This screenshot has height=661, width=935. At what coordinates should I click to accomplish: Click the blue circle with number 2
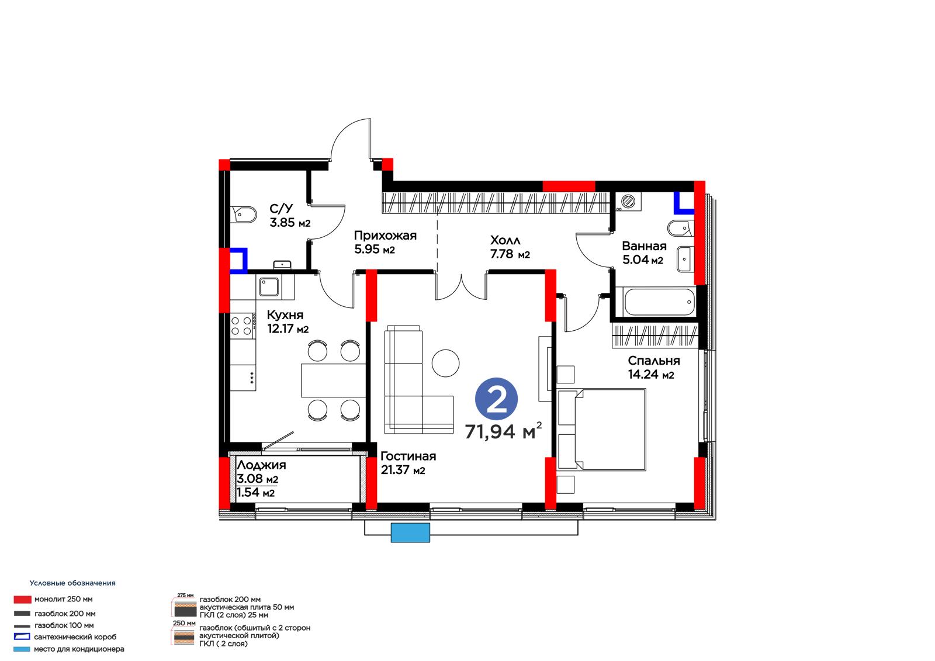(496, 399)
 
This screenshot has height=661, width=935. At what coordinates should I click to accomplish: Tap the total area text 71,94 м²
(503, 431)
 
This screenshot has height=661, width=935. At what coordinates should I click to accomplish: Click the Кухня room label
(285, 315)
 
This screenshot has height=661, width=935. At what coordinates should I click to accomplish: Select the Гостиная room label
(408, 456)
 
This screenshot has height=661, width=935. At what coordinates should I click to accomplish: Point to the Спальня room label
(654, 361)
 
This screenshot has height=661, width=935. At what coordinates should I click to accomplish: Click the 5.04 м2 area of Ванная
(643, 259)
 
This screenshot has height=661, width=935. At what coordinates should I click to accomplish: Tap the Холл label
(505, 241)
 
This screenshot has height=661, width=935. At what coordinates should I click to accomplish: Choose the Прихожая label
(385, 236)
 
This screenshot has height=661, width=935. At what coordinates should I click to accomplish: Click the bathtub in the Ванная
(659, 302)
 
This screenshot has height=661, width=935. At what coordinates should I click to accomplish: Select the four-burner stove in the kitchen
(242, 326)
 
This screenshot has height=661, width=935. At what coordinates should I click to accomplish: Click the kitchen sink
(269, 287)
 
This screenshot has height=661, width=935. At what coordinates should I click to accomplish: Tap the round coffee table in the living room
(445, 363)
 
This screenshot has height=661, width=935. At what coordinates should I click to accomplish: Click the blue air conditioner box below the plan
(410, 533)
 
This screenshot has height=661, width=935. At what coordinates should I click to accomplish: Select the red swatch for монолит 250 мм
(23, 599)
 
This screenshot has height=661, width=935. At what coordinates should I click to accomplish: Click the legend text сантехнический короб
(75, 637)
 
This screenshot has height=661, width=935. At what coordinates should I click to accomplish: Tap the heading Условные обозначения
(72, 583)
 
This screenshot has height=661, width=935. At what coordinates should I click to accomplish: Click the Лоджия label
(261, 465)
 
